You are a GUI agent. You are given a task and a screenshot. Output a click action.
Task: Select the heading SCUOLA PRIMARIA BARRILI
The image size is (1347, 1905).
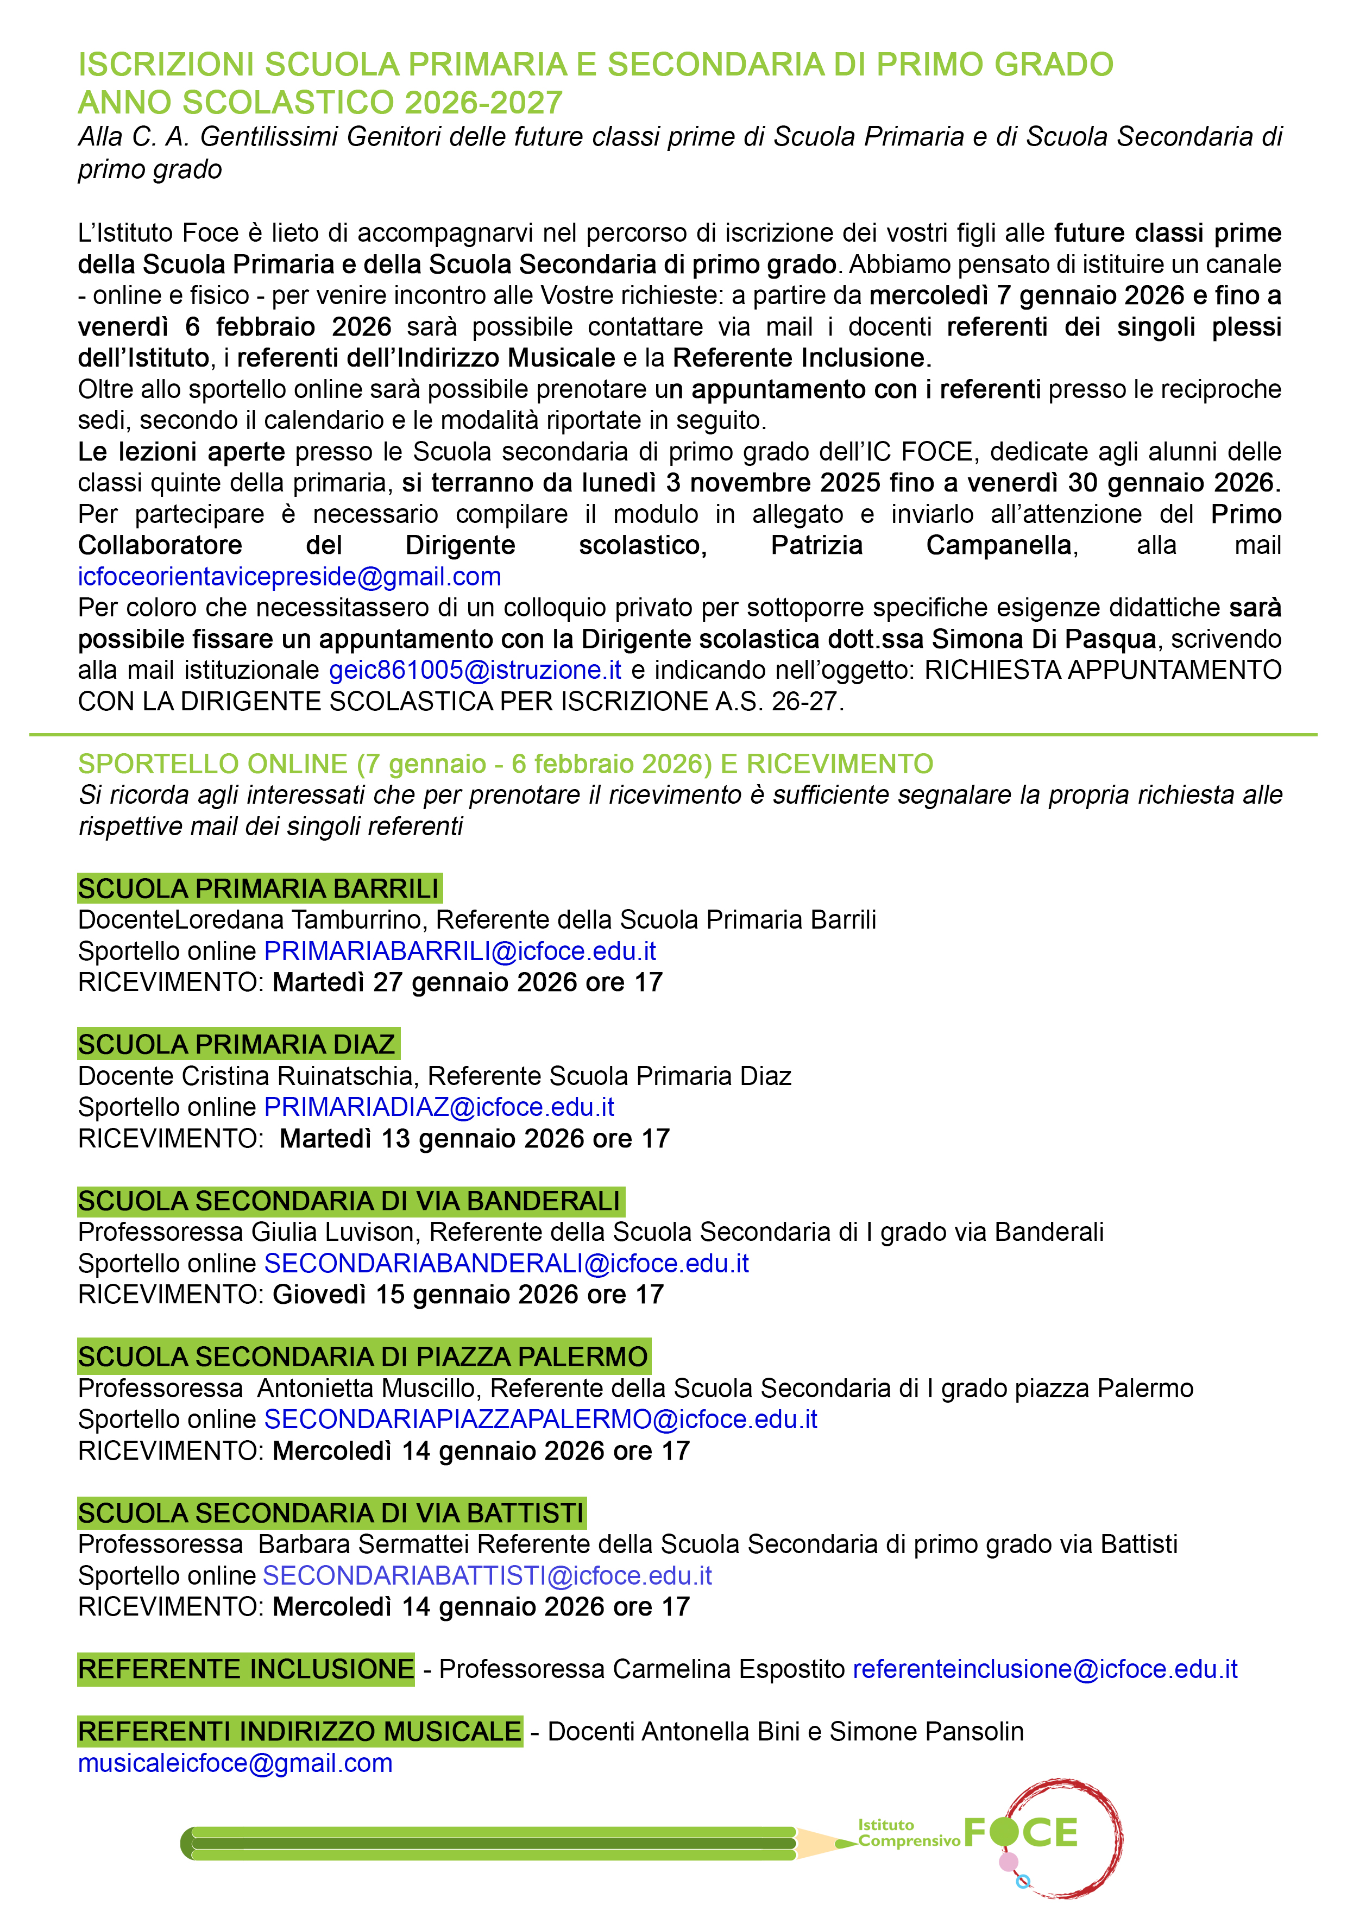pyautogui.click(x=259, y=888)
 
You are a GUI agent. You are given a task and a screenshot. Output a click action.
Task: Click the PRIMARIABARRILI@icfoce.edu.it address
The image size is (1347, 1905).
pyautogui.click(x=460, y=951)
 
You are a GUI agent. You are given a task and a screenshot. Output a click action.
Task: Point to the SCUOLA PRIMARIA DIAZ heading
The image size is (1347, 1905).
pyautogui.click(x=237, y=1045)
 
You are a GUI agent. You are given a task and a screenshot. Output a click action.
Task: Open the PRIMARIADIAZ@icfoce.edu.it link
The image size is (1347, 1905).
pyautogui.click(x=439, y=1107)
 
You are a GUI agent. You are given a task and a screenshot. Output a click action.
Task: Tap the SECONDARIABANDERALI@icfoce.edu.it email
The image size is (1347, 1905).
pyautogui.click(x=506, y=1263)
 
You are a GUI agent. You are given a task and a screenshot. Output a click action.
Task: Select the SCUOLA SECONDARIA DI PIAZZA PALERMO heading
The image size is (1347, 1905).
pyautogui.click(x=363, y=1357)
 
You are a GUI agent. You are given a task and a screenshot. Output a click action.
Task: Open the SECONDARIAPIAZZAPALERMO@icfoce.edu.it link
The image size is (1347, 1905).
pyautogui.click(x=540, y=1419)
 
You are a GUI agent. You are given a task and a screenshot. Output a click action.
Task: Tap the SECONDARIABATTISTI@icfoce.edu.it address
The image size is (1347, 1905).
pyautogui.click(x=487, y=1575)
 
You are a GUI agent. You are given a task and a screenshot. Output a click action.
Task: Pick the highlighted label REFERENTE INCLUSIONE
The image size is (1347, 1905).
pyautogui.click(x=246, y=1669)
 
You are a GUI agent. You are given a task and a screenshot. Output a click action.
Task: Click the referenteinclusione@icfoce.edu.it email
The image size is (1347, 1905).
pyautogui.click(x=1045, y=1669)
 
